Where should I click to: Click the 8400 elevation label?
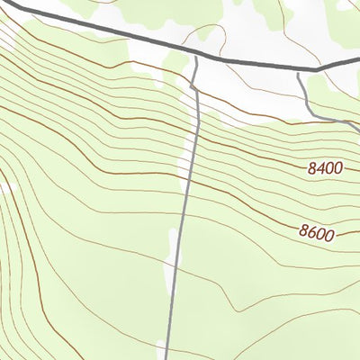pos(324,167)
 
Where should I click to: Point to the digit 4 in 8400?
pos(319,167)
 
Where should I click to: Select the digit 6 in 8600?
pos(311,233)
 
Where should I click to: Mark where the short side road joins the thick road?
pos(298,69)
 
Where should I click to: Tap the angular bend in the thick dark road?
pos(317,69)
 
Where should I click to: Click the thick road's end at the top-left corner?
pos(3,6)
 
